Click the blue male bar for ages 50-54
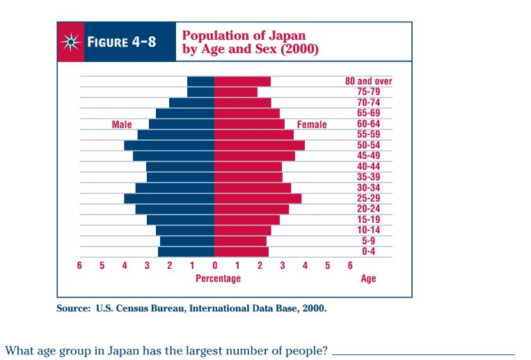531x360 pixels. pyautogui.click(x=169, y=145)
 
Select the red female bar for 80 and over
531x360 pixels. pyautogui.click(x=242, y=81)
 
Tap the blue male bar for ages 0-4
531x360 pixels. pyautogui.click(x=186, y=251)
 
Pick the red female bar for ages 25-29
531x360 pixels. pyautogui.click(x=257, y=198)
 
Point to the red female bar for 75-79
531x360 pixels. pyautogui.click(x=236, y=92)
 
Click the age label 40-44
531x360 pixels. pyautogui.click(x=369, y=166)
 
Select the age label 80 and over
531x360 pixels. pyautogui.click(x=369, y=81)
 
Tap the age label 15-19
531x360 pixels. pyautogui.click(x=369, y=219)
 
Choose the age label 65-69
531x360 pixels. pyautogui.click(x=369, y=113)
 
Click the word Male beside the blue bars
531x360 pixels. pyautogui.click(x=122, y=125)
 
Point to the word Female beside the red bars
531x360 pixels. pyautogui.click(x=312, y=125)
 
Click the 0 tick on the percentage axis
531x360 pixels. pyautogui.click(x=214, y=265)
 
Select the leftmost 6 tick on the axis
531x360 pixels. pyautogui.click(x=79, y=265)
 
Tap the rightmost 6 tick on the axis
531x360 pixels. pyautogui.click(x=349, y=265)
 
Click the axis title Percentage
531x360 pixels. pyautogui.click(x=218, y=279)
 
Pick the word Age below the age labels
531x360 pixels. pyautogui.click(x=368, y=279)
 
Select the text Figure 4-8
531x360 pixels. pyautogui.click(x=121, y=42)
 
